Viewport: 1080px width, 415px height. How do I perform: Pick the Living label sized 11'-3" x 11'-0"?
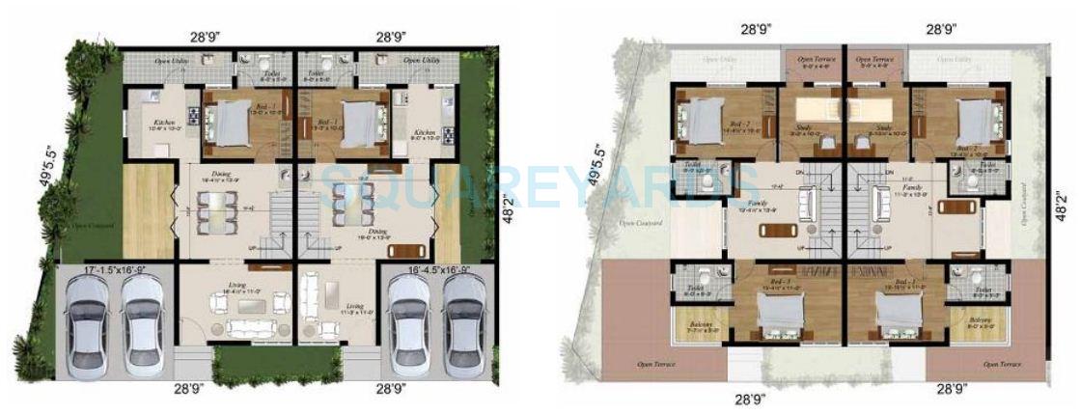[x=356, y=308]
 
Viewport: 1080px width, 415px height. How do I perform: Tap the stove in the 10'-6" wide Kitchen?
[x=192, y=117]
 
